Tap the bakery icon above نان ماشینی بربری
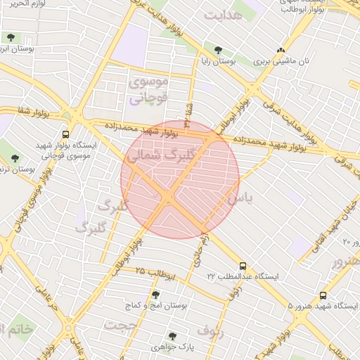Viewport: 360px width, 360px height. (x=281, y=50)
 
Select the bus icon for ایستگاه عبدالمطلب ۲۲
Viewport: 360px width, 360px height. (x=243, y=266)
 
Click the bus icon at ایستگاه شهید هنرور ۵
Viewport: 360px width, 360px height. (x=323, y=296)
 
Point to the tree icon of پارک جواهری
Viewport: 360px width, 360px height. (x=172, y=335)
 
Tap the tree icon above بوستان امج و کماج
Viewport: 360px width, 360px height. (x=155, y=295)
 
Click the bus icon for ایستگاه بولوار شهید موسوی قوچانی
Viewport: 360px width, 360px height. (x=65, y=134)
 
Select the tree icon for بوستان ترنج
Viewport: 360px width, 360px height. (x=15, y=157)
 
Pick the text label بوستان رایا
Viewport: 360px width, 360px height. (x=236, y=62)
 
